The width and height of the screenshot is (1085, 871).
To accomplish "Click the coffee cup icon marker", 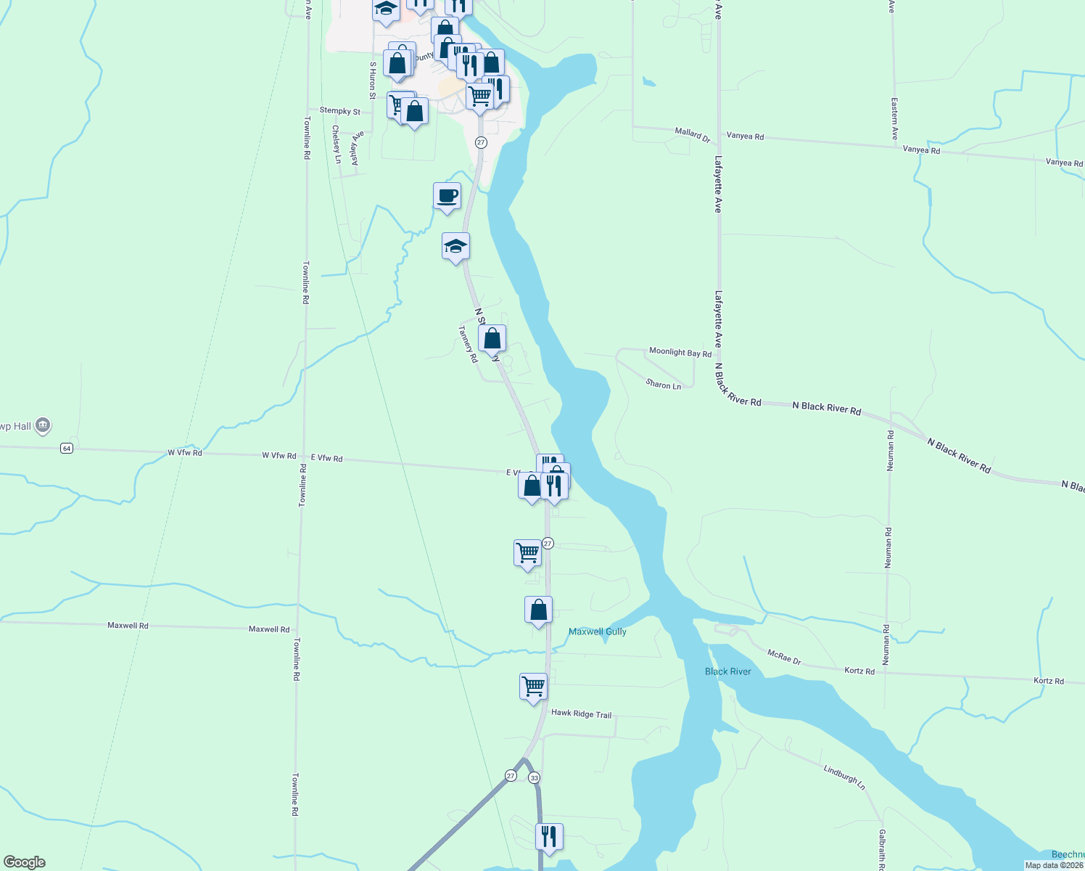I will [447, 196].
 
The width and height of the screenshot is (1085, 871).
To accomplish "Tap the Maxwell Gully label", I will [597, 631].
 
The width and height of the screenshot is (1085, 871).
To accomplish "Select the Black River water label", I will [727, 671].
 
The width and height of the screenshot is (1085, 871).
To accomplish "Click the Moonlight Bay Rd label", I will [680, 352].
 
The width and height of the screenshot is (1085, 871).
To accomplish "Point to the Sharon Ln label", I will [664, 385].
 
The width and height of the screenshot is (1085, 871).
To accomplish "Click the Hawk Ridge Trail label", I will [581, 713].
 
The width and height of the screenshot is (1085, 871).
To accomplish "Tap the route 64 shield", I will [67, 449].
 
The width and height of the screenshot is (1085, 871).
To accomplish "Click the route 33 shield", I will [535, 777].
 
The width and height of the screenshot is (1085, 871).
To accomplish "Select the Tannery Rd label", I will [468, 343].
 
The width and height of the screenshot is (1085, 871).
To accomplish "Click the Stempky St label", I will [339, 111].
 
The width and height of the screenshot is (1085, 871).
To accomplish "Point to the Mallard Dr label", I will [692, 134].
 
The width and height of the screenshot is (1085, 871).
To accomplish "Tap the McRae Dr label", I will [784, 656].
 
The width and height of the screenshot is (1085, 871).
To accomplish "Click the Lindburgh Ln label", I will [844, 777].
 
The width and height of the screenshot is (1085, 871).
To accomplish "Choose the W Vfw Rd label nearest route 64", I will [185, 452].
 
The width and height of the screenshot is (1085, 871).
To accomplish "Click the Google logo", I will [25, 862].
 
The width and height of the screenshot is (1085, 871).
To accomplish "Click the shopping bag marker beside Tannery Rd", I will [492, 338].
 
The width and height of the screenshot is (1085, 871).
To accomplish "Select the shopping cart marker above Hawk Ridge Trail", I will [533, 686].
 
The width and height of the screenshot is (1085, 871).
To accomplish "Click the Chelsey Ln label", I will [337, 144].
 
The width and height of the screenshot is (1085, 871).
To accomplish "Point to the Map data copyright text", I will [1054, 865].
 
